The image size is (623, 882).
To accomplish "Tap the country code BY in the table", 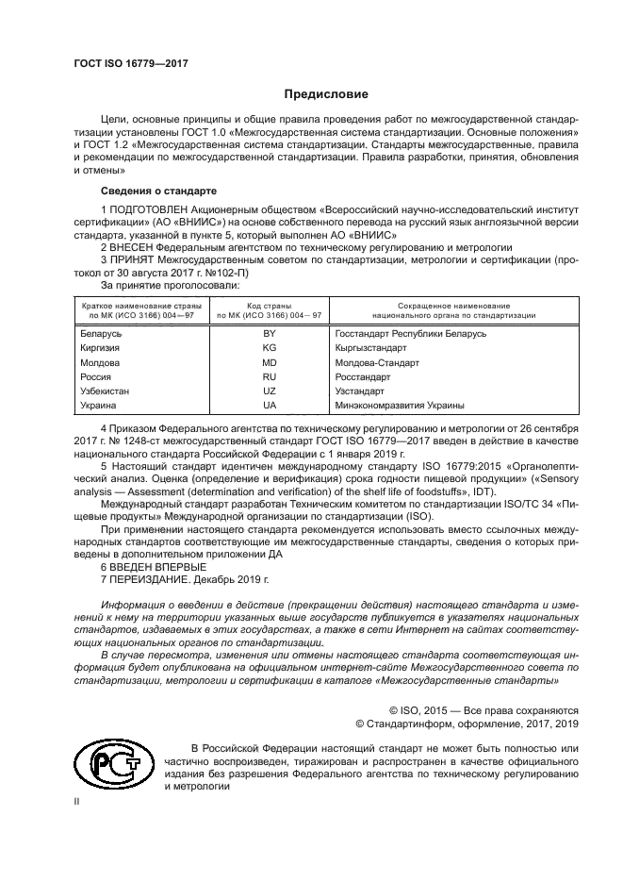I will (269, 334).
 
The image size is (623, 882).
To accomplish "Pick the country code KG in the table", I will (269, 348).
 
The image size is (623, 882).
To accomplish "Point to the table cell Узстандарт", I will (360, 391).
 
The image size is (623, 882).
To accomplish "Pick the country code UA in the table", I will (269, 405).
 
